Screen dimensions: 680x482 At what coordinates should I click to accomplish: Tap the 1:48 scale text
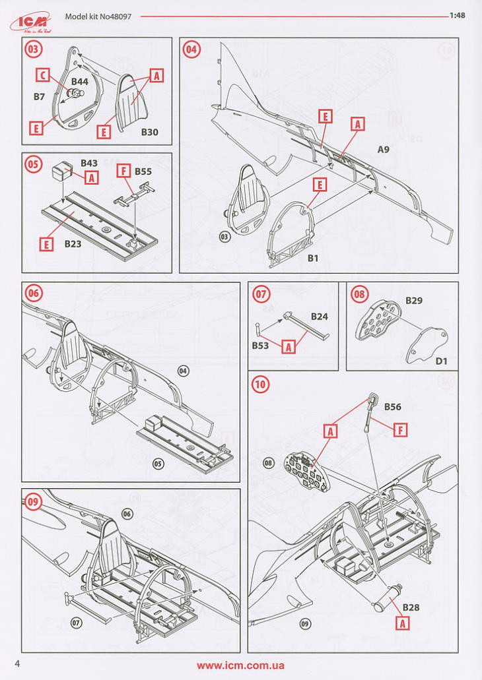(x=458, y=17)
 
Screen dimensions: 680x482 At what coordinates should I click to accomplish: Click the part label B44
(x=80, y=81)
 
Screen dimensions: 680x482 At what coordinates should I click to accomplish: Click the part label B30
(x=149, y=132)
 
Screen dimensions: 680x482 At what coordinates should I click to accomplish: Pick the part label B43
(x=89, y=163)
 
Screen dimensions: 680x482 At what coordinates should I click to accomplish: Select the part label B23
(x=73, y=243)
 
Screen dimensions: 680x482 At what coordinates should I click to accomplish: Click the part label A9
(x=383, y=150)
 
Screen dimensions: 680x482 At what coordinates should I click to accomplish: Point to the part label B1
(x=313, y=258)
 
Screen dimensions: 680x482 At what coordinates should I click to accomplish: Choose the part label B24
(x=320, y=316)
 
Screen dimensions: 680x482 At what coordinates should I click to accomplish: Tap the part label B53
(x=260, y=345)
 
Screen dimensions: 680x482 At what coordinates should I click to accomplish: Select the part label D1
(x=442, y=361)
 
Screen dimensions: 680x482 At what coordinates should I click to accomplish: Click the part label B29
(x=414, y=300)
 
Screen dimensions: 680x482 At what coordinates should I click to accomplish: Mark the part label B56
(x=392, y=407)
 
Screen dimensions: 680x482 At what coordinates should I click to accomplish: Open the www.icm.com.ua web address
(x=240, y=665)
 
